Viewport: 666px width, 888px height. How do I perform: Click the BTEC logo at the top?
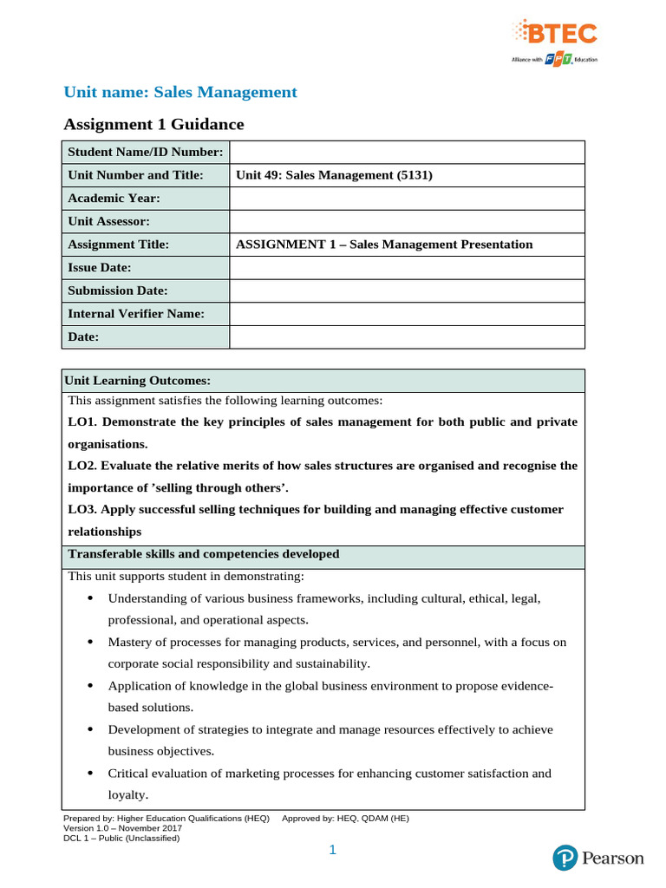click(555, 40)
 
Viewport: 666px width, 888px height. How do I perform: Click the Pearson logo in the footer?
click(598, 859)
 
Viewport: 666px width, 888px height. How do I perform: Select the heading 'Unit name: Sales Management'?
click(181, 92)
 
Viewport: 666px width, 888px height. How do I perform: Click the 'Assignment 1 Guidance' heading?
click(155, 125)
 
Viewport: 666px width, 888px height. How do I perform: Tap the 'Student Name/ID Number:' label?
click(145, 153)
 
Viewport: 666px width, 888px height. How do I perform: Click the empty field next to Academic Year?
click(407, 199)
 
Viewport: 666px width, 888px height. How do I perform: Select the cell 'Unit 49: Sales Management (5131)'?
click(334, 175)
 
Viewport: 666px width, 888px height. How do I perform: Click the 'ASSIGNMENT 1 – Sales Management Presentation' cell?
click(384, 245)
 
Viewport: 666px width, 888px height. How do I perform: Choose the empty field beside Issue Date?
click(407, 268)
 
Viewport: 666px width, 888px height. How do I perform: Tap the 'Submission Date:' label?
click(118, 291)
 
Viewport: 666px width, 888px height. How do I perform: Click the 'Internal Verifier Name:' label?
click(136, 314)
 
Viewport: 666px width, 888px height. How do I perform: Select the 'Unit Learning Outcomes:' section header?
click(140, 381)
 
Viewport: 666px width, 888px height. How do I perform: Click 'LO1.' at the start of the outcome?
click(82, 422)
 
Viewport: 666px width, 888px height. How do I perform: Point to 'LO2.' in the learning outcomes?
click(82, 466)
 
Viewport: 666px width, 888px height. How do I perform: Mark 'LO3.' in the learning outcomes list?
click(82, 509)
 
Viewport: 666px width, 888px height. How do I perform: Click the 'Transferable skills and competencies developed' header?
click(204, 554)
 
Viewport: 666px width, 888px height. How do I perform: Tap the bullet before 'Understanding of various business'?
click(91, 598)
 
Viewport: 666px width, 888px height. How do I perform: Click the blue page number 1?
click(332, 851)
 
